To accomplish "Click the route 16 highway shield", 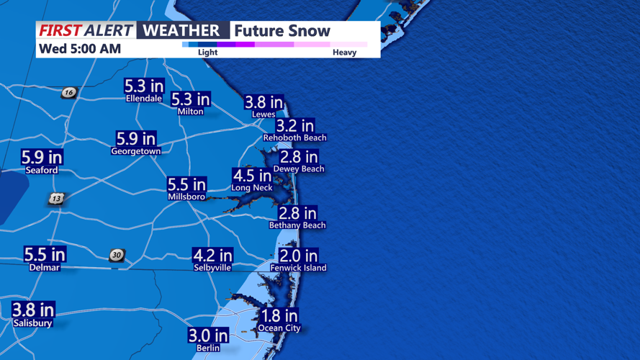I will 68,92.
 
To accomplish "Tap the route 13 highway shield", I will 57,199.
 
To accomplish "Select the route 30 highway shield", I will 117,256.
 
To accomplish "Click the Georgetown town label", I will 135,152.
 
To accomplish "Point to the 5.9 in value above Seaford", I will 42,158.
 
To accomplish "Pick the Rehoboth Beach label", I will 294,138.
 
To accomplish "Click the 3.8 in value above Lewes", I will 263,102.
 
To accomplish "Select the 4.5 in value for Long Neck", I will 252,176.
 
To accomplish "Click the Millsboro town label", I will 186,197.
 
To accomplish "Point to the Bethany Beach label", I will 297,225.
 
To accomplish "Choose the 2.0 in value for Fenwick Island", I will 298,256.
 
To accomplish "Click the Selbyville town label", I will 212,268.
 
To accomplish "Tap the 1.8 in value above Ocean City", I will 279,316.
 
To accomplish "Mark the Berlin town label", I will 209,348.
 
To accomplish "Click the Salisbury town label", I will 32,323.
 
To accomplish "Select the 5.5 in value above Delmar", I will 45,255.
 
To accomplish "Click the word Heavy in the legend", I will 344,53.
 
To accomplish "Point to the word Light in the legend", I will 207,53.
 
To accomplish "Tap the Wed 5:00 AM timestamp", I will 80,49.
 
